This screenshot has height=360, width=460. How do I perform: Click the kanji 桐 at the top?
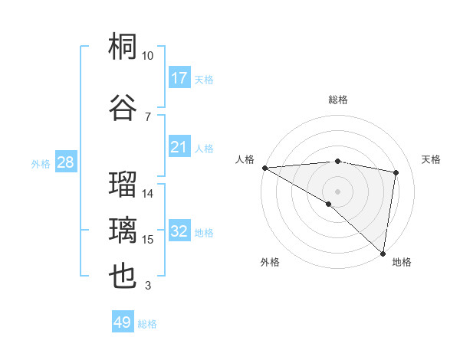(x=123, y=48)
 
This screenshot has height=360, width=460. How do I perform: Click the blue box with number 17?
(x=179, y=78)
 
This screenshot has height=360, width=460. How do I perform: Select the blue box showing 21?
(x=179, y=147)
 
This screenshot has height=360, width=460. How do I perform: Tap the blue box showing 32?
(x=179, y=232)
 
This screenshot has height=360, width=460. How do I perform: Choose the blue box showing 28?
(x=65, y=163)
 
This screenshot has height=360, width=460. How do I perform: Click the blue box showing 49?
(x=123, y=322)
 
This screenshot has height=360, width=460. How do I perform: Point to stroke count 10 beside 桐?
(x=148, y=56)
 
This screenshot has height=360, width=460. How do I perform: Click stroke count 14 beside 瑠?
(x=148, y=194)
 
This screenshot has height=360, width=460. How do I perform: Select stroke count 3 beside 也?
(x=148, y=286)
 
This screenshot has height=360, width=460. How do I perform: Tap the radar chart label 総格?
(x=337, y=100)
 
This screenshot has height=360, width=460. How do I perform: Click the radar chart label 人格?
(x=245, y=159)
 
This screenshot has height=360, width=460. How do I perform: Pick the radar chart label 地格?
(x=402, y=263)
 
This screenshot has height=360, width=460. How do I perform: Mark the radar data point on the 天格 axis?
(x=396, y=172)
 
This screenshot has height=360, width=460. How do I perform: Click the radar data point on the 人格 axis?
(x=264, y=168)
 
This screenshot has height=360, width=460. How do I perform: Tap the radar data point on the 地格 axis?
(x=383, y=253)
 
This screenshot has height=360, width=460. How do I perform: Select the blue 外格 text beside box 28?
(x=41, y=164)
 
